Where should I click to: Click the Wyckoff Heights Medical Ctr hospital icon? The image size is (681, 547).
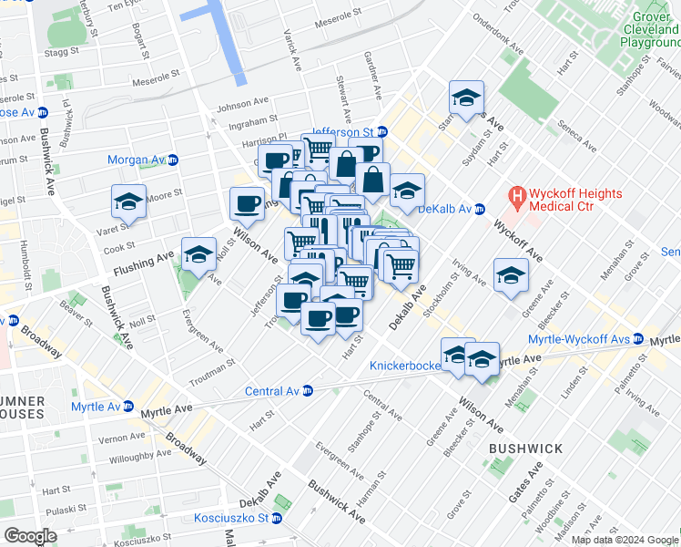(x=517, y=196)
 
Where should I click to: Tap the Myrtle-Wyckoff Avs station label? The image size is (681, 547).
(x=592, y=339)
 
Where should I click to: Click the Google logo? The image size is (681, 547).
(x=30, y=536)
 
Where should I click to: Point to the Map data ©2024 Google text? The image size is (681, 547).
(x=625, y=540)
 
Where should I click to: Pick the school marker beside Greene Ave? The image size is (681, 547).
(x=511, y=275)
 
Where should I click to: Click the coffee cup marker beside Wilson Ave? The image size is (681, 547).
(x=246, y=204)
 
